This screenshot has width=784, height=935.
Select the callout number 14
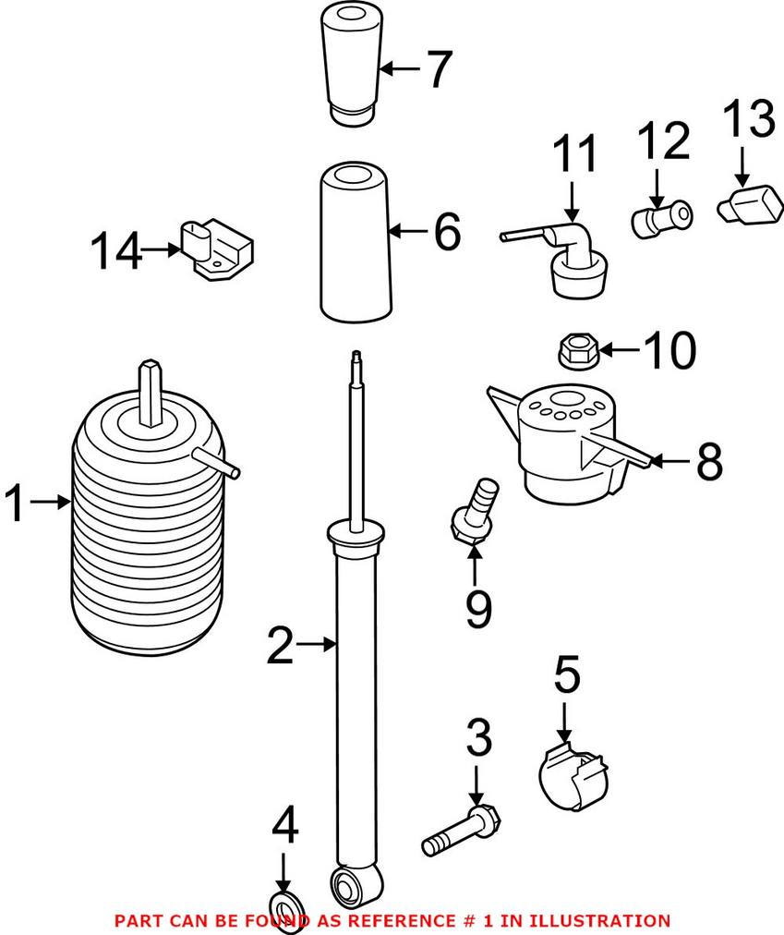(x=115, y=250)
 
